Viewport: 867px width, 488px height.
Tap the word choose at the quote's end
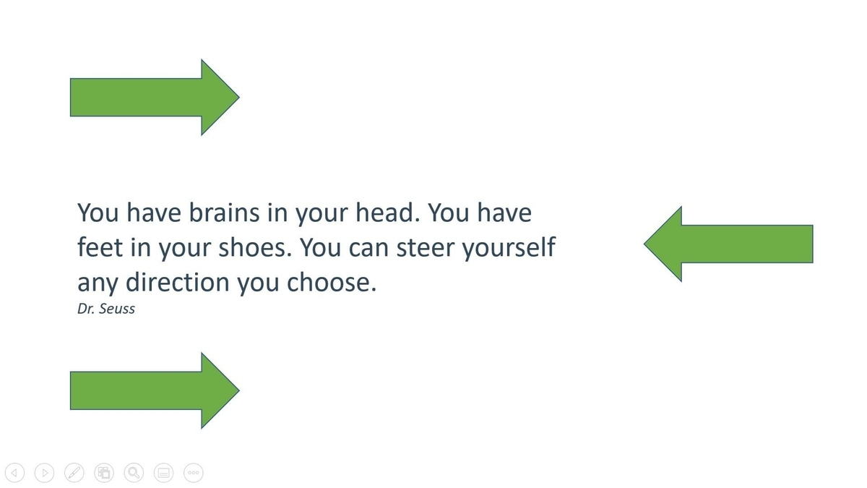[329, 281]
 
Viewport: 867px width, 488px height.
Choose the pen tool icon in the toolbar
[74, 473]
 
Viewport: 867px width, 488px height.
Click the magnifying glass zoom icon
[133, 473]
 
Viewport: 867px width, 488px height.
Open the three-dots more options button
[193, 473]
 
